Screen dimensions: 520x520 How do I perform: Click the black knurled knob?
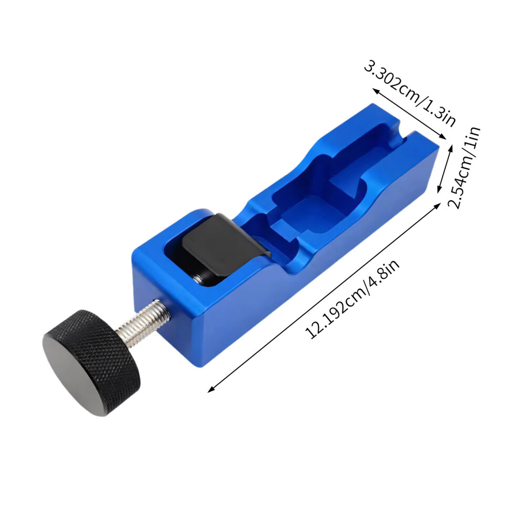pyautogui.click(x=91, y=362)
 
